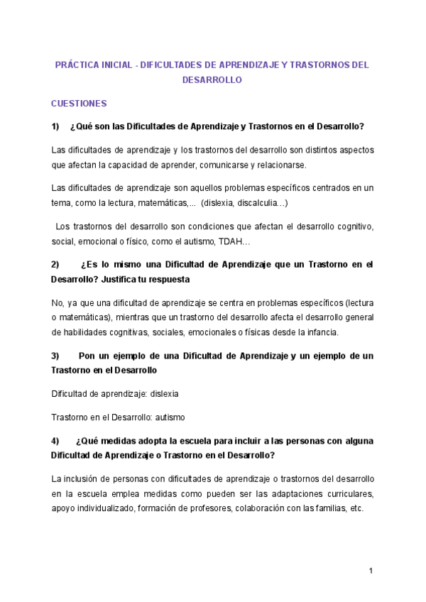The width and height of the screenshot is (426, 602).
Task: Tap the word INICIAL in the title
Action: (116, 65)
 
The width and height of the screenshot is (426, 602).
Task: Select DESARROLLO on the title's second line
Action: (212, 80)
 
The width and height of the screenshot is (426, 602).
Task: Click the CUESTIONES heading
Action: (79, 104)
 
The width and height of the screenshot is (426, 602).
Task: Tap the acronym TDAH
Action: (233, 241)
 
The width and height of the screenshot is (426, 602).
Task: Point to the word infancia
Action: (321, 332)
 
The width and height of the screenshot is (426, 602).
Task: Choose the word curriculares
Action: (348, 493)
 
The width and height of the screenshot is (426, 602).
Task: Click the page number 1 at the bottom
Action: (371, 571)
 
